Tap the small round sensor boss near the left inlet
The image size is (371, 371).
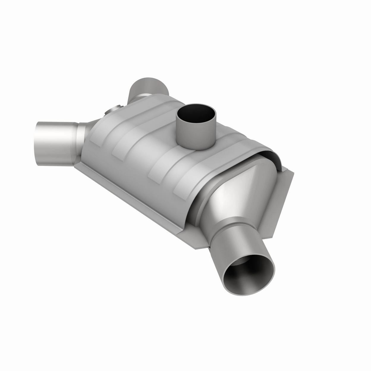pos(114,111)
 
